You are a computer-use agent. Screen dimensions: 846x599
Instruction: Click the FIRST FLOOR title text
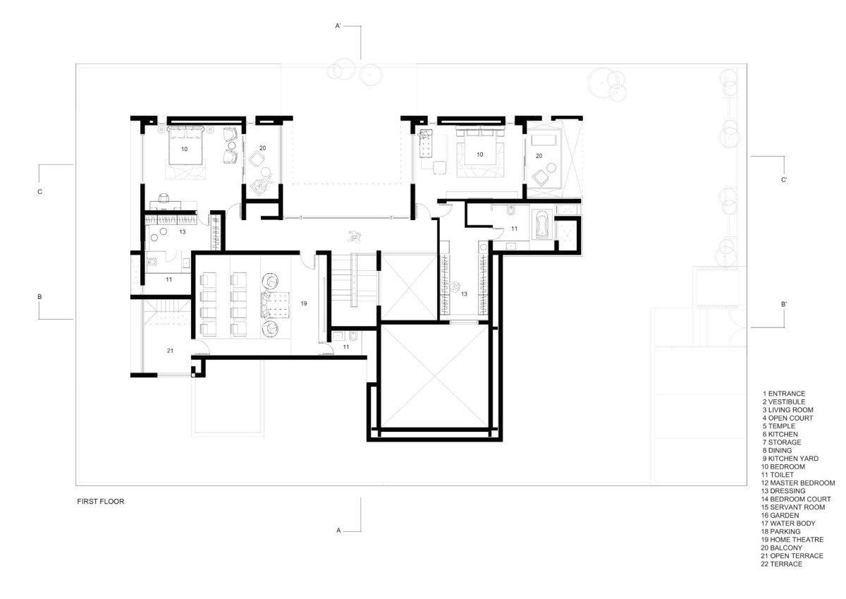pyautogui.click(x=100, y=502)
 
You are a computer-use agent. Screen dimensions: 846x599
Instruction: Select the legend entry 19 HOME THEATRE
pyautogui.click(x=792, y=540)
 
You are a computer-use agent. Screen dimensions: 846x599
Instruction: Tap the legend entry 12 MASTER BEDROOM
pyautogui.click(x=797, y=483)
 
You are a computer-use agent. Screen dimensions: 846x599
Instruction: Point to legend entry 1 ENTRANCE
pyautogui.click(x=784, y=394)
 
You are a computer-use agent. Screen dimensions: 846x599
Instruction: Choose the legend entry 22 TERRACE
pyautogui.click(x=781, y=564)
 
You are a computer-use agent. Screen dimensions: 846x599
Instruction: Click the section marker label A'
pyautogui.click(x=338, y=26)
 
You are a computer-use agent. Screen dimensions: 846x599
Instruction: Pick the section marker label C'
pyautogui.click(x=784, y=180)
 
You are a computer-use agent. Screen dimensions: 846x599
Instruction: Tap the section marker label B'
pyautogui.click(x=784, y=304)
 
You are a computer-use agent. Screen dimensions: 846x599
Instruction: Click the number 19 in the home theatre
pyautogui.click(x=304, y=303)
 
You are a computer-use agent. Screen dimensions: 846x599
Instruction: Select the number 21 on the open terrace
pyautogui.click(x=170, y=351)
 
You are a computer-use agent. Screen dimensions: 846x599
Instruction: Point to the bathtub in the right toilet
pyautogui.click(x=541, y=224)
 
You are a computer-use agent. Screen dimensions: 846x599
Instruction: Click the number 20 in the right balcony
pyautogui.click(x=539, y=156)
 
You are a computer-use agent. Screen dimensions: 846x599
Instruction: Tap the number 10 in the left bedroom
pyautogui.click(x=184, y=149)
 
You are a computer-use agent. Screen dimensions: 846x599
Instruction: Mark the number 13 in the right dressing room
pyautogui.click(x=464, y=294)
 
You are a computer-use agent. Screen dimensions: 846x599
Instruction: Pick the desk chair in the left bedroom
pyautogui.click(x=164, y=198)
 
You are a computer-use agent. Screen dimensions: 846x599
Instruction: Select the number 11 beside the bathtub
pyautogui.click(x=514, y=229)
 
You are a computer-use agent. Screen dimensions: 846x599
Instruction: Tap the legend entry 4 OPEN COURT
pyautogui.click(x=787, y=418)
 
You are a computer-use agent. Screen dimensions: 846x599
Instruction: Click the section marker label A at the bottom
pyautogui.click(x=338, y=531)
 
